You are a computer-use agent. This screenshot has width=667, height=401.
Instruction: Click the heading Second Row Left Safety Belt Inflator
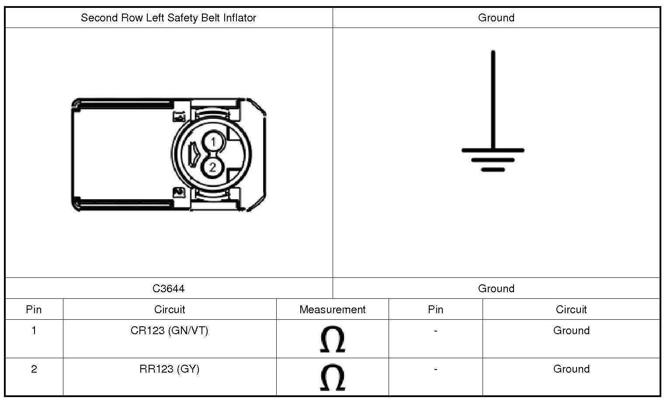[168, 18]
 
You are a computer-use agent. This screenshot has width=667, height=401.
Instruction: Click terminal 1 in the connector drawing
[213, 142]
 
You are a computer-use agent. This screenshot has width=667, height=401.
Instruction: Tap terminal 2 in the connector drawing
[213, 167]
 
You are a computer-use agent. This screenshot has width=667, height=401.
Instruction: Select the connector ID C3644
[168, 289]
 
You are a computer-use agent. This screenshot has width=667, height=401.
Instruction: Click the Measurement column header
[332, 310]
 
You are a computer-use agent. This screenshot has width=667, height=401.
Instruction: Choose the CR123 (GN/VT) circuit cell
[169, 331]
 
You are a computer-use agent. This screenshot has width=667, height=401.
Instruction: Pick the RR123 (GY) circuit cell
[169, 369]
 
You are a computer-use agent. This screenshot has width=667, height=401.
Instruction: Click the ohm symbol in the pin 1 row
[332, 339]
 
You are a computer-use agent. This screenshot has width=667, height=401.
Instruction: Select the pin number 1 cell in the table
[34, 331]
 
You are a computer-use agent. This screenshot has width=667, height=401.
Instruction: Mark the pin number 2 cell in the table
[34, 369]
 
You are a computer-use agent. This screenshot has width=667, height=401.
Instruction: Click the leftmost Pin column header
[34, 310]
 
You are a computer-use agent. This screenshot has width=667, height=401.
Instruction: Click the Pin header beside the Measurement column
[435, 310]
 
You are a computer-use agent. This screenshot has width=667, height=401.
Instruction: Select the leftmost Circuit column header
[169, 310]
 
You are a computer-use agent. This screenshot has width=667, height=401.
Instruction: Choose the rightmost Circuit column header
[571, 310]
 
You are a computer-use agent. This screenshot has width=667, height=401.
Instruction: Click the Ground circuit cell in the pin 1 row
[571, 331]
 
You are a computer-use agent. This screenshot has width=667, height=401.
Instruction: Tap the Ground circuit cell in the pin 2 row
[571, 369]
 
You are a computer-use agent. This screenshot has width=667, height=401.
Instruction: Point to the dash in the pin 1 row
[435, 331]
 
